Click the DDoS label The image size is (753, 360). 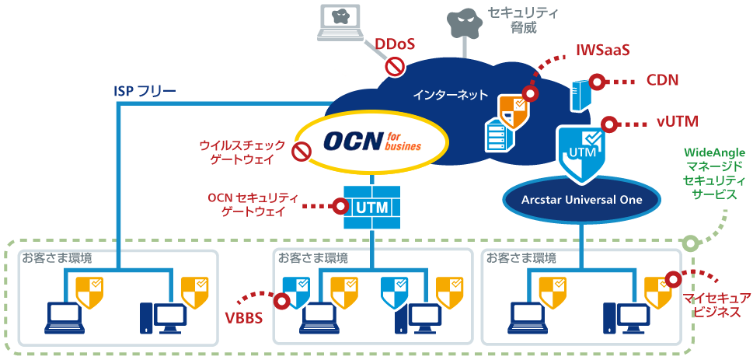click(x=394, y=45)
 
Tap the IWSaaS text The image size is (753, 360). click(x=602, y=51)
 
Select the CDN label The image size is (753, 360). click(x=661, y=80)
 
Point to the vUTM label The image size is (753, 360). click(x=677, y=121)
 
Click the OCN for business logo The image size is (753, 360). click(x=371, y=141)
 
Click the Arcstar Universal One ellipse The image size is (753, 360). click(x=581, y=200)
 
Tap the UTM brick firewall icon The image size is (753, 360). click(x=372, y=207)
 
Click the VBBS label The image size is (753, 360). click(x=244, y=318)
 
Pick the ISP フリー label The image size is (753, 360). click(x=145, y=91)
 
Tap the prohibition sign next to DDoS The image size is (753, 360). click(x=395, y=66)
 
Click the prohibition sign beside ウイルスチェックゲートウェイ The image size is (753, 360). click(x=302, y=152)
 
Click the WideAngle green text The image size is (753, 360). click(x=714, y=153)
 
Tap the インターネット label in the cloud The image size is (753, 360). click(x=450, y=95)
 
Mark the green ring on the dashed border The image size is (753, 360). click(x=689, y=243)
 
